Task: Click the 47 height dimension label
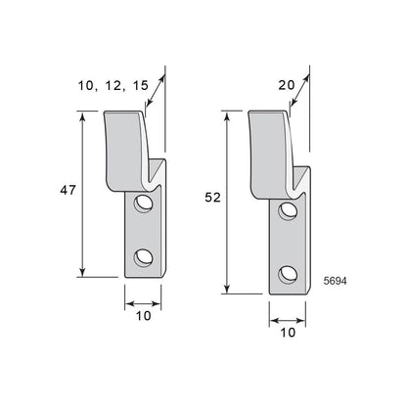(x=68, y=190)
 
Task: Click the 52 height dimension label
(x=212, y=198)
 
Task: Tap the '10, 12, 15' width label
(x=113, y=85)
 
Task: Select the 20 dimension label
(x=287, y=85)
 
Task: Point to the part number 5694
(x=335, y=281)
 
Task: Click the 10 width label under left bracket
(x=144, y=316)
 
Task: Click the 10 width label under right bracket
(x=288, y=333)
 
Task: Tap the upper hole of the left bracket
(x=144, y=203)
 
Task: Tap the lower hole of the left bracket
(x=144, y=257)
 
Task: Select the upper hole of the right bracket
(x=288, y=210)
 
